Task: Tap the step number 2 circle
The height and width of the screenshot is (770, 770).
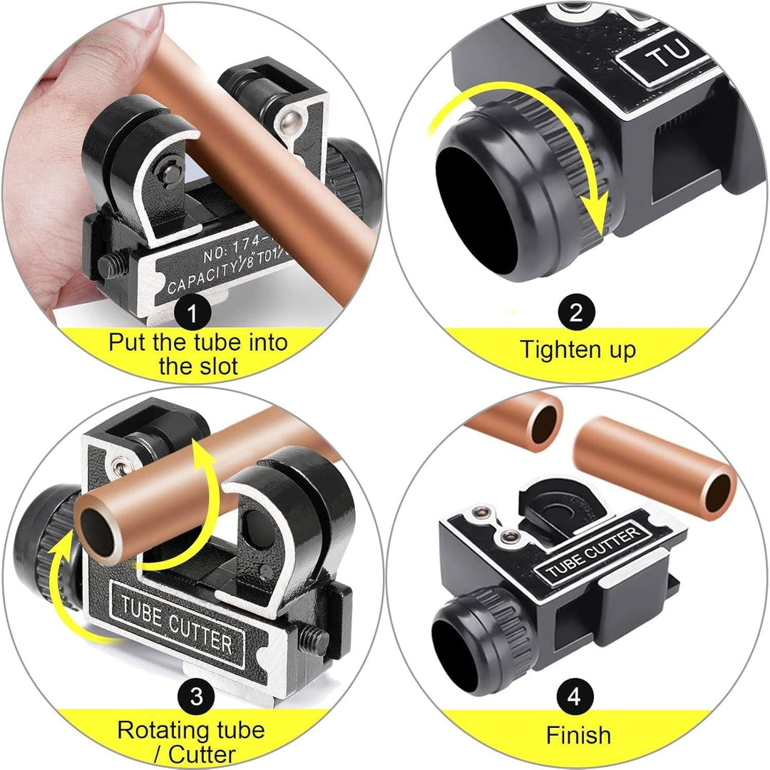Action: click(576, 312)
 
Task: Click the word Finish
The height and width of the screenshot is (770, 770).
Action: click(578, 734)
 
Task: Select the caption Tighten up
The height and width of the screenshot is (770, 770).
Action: click(577, 349)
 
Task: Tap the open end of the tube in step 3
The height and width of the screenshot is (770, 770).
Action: click(101, 528)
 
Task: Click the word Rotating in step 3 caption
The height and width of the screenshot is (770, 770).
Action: click(158, 730)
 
